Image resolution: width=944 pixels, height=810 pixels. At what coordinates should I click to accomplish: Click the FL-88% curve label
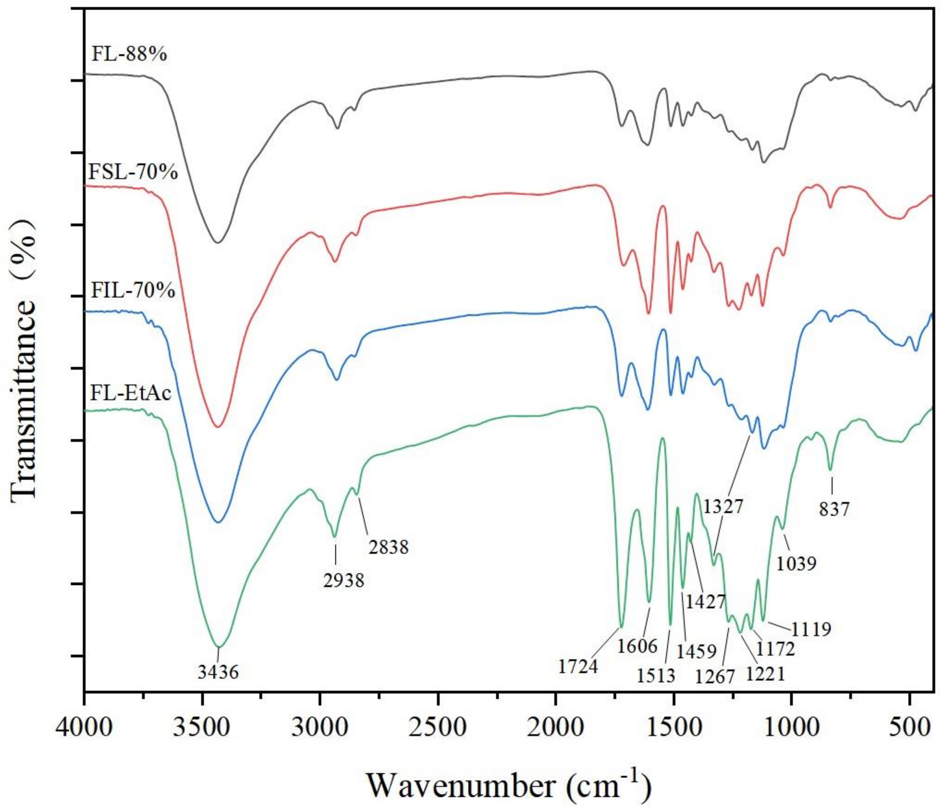129,54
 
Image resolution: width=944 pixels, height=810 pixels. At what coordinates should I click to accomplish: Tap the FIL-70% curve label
133,290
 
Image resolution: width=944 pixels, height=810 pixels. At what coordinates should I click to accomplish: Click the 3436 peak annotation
218,672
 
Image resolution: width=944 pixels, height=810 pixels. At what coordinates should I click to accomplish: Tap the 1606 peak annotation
637,646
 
